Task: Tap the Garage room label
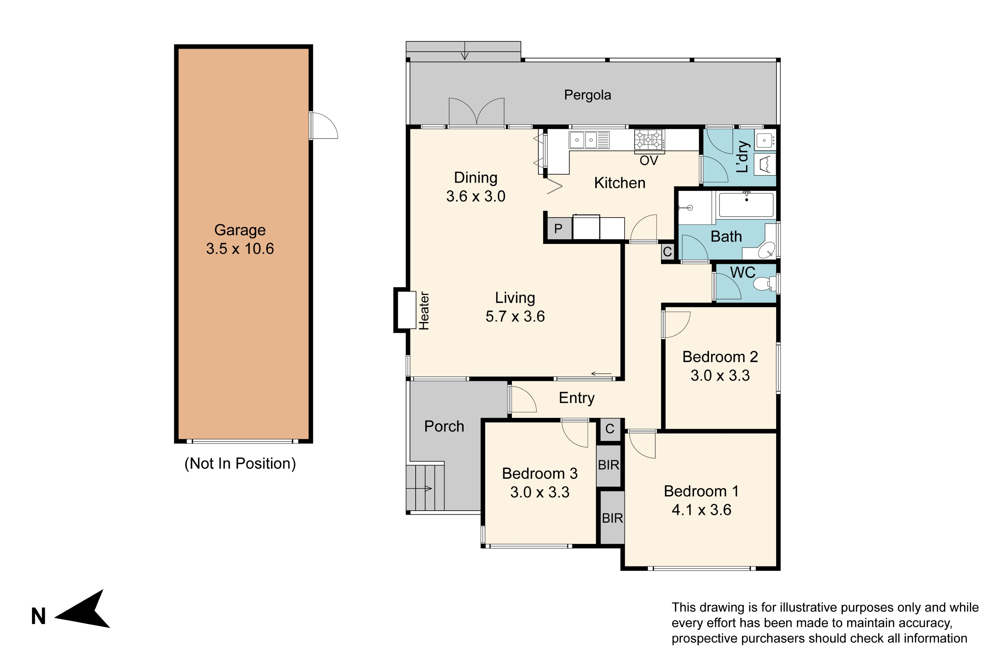pyautogui.click(x=240, y=230)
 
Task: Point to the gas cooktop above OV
pyautogui.click(x=649, y=139)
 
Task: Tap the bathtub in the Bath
pyautogui.click(x=746, y=205)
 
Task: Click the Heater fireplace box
pyautogui.click(x=404, y=310)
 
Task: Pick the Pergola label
pyautogui.click(x=588, y=95)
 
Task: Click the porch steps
pyautogui.click(x=425, y=488)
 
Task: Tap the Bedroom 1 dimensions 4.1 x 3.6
pyautogui.click(x=701, y=510)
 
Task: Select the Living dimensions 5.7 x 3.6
pyautogui.click(x=515, y=317)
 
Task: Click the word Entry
pyautogui.click(x=577, y=398)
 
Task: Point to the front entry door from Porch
pyautogui.click(x=522, y=399)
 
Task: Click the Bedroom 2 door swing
pyautogui.click(x=676, y=325)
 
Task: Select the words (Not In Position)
pyautogui.click(x=240, y=464)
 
